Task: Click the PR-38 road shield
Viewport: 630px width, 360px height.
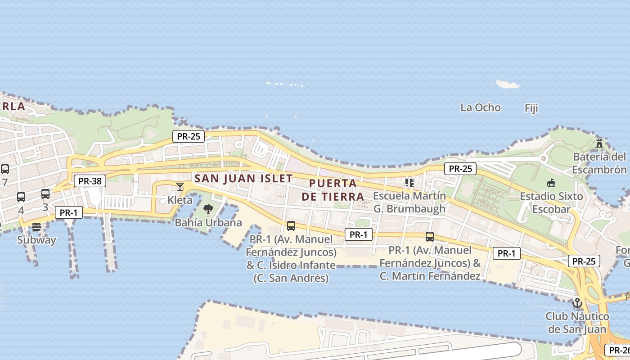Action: point(90,181)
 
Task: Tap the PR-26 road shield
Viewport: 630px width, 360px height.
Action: point(618,350)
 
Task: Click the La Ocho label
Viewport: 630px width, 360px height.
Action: point(480,108)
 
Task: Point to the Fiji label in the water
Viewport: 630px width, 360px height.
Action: point(531,108)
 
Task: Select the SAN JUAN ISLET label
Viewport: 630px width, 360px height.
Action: point(243,178)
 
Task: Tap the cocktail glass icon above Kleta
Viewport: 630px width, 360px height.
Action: point(180,186)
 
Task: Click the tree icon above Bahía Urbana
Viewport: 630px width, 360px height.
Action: point(208,209)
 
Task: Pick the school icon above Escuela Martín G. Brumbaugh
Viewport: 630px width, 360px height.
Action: point(409,183)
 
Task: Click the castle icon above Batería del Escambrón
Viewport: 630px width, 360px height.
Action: point(599,144)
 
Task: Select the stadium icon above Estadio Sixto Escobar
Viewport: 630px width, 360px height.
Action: point(551,183)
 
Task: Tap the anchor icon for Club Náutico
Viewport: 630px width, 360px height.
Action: point(577,303)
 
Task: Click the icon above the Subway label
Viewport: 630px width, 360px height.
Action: point(36,227)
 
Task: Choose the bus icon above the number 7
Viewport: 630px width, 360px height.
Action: point(5,169)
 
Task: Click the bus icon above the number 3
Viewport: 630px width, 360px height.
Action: point(45,194)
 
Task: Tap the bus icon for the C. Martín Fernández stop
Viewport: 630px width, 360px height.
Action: point(430,237)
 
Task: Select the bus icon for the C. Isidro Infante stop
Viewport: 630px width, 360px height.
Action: point(291,226)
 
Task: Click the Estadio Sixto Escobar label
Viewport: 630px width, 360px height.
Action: point(551,202)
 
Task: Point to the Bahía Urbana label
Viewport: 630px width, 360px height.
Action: point(208,222)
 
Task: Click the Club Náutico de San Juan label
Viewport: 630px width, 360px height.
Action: point(577,323)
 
